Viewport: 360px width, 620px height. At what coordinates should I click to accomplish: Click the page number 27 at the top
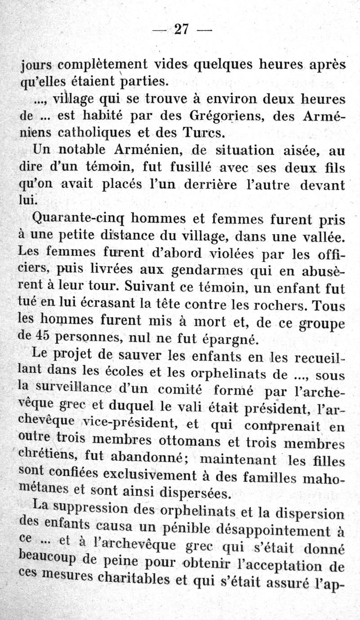point(181,30)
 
